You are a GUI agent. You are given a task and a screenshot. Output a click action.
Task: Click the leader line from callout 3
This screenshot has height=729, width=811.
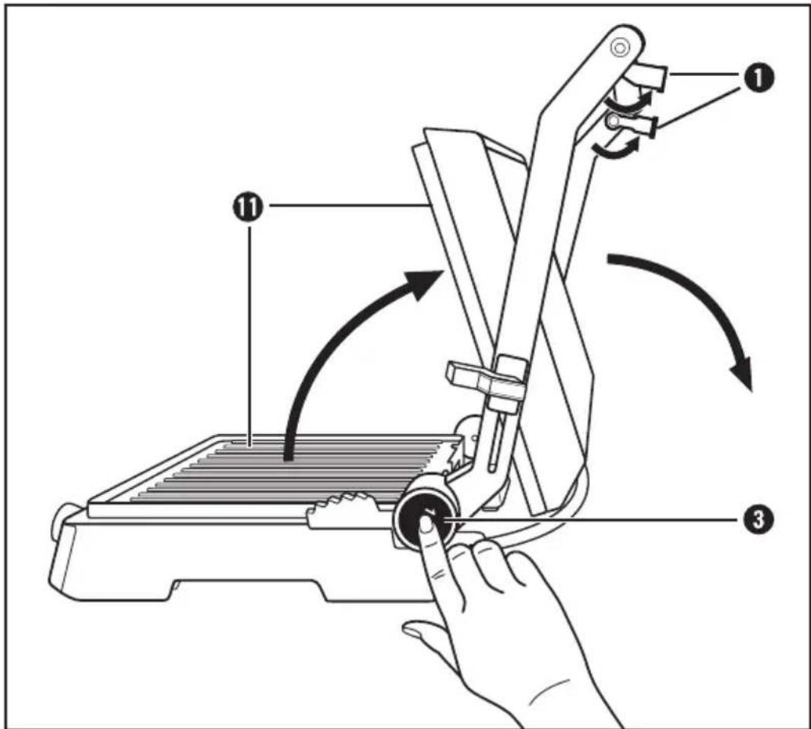coord(593,521)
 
